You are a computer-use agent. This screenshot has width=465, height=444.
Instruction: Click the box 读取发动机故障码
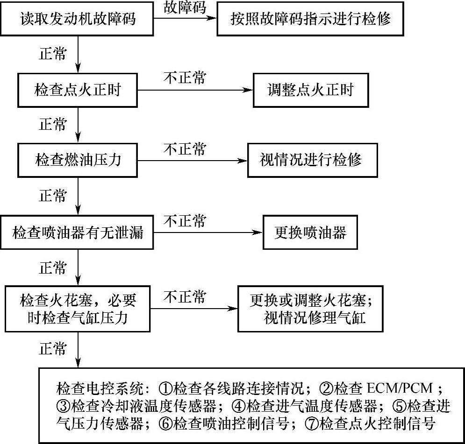pos(78,20)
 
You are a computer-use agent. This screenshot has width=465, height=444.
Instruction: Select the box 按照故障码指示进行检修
pos(310,20)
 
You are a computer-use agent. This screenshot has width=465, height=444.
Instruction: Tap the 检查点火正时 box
pos(78,90)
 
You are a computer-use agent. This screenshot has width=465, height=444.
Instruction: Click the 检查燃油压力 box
pos(78,160)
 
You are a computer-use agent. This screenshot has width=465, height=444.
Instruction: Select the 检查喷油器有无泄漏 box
pos(77,232)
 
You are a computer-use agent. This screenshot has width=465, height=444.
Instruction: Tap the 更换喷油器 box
pos(310,232)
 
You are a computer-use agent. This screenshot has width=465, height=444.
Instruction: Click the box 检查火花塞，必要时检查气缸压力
pos(78,308)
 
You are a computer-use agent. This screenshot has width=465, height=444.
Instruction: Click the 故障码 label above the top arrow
pos(185,7)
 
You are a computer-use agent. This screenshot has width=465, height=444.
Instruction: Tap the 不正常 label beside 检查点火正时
pos(185,78)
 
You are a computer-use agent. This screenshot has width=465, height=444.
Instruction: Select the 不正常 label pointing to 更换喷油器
pos(185,220)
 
